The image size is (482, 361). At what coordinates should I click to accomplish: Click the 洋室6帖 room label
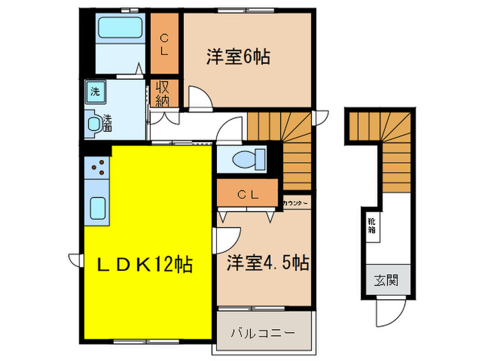point(237,56)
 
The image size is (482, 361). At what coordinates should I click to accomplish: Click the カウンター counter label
point(295,203)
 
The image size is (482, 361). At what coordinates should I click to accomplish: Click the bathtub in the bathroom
point(120,28)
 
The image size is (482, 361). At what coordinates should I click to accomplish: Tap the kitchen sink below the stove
point(97,206)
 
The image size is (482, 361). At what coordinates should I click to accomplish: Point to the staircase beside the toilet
point(282,148)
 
